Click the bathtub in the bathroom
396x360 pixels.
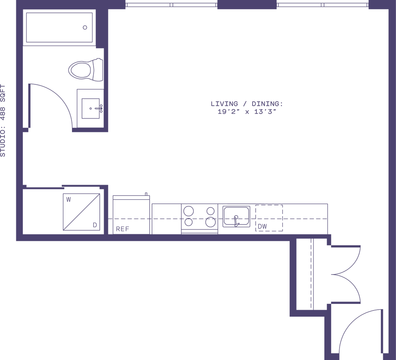[x=60, y=27]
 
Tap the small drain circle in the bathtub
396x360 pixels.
[x=85, y=27]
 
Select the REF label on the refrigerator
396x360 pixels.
[x=123, y=228]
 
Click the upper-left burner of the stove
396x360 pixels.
[x=189, y=211]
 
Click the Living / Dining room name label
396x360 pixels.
[x=247, y=104]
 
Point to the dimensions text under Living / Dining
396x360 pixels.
[x=247, y=112]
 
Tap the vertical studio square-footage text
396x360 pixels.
[x=4, y=120]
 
